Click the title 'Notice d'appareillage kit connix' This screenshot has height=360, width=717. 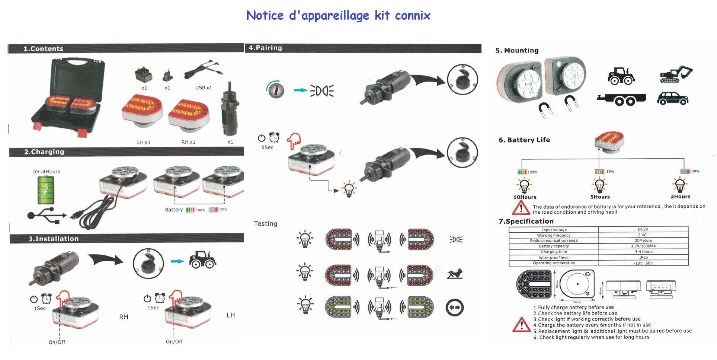(338, 16)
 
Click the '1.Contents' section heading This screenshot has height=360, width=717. (43, 49)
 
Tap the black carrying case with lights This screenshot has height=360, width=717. (69, 98)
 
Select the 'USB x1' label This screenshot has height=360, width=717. (204, 88)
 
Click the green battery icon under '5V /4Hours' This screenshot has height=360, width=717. (46, 190)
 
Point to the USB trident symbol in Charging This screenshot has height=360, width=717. (47, 216)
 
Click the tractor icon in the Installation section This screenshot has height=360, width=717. (203, 259)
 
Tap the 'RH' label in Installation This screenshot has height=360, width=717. (124, 317)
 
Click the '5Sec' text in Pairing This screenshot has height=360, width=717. (267, 147)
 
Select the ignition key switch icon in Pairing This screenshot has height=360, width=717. (276, 90)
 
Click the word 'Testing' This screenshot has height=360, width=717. (265, 224)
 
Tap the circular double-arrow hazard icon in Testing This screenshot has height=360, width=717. (455, 308)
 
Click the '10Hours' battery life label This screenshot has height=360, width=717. (525, 197)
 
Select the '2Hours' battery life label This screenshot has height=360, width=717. (680, 197)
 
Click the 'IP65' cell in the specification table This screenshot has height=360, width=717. (643, 257)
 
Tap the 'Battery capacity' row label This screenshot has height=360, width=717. (554, 246)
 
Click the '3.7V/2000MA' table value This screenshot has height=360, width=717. (643, 246)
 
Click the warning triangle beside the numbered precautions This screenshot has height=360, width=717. (521, 325)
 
